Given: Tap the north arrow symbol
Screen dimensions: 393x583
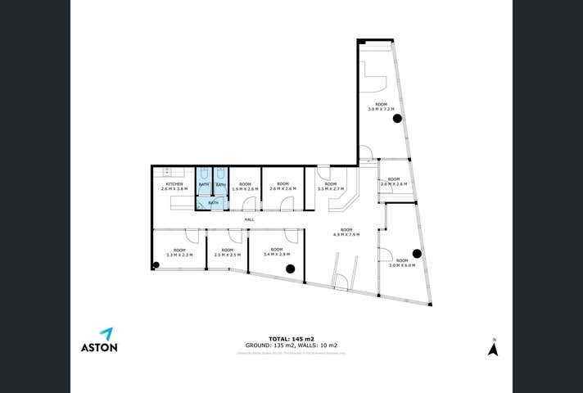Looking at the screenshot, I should [492, 349].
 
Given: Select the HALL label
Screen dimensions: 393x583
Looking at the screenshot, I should [249, 219].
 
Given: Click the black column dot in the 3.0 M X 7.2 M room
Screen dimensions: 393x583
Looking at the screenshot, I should [397, 119].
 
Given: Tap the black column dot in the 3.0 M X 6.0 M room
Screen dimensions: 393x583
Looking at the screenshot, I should [416, 253].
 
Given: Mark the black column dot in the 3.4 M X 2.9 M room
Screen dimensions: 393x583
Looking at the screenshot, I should [289, 268].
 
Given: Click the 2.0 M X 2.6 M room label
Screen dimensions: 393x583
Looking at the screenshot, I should [394, 182].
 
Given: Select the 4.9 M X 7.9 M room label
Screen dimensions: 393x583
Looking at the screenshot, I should [346, 232].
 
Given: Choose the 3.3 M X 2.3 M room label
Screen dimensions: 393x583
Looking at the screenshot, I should [179, 252].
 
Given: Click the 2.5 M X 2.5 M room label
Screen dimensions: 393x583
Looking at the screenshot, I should [226, 252].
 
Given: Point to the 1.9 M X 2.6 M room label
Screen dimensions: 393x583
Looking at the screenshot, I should [245, 187].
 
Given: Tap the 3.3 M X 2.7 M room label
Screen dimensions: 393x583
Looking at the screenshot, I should [330, 187].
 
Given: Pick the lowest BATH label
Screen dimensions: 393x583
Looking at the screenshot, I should [212, 202].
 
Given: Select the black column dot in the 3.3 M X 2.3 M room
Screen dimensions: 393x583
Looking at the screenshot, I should [156, 264].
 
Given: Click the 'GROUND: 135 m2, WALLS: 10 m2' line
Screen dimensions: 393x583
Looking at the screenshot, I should [291, 346].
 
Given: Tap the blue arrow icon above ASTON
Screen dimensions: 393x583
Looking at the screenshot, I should [106, 332].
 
